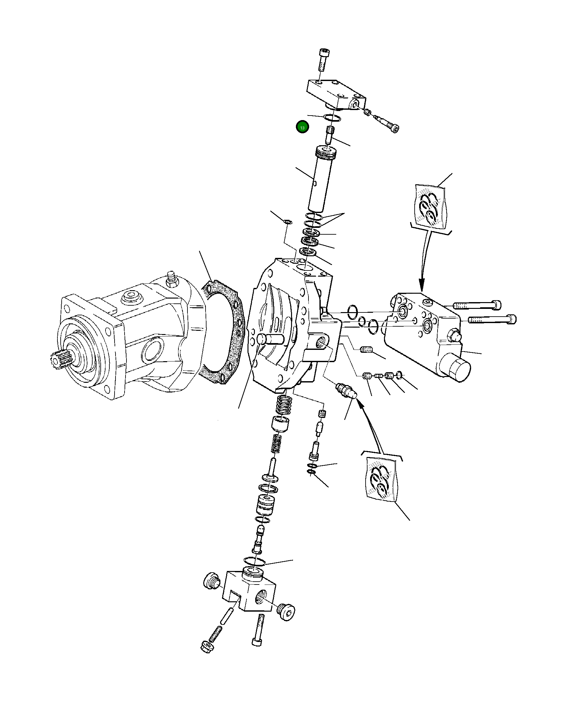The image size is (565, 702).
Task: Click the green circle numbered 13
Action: (302, 127)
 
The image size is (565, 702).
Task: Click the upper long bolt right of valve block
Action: (477, 305)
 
